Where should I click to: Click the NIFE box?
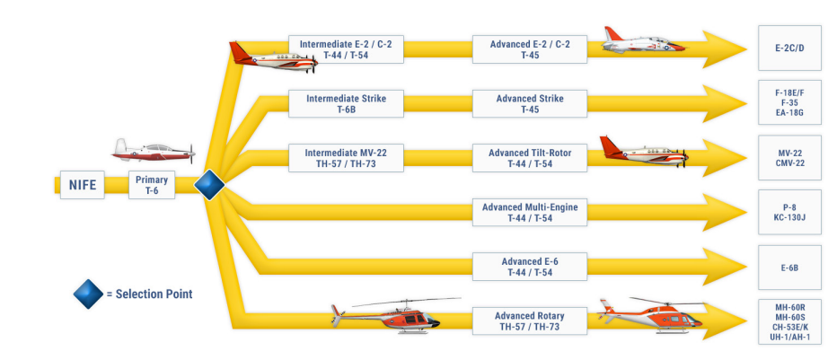(x=83, y=185)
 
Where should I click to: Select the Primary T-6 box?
(x=152, y=185)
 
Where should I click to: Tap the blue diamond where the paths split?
(x=209, y=185)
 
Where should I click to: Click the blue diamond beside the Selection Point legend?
(x=89, y=294)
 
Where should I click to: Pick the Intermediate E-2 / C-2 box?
(x=346, y=49)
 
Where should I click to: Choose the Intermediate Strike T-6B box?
(x=346, y=104)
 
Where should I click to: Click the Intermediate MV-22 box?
(x=346, y=158)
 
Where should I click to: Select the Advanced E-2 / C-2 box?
(x=530, y=49)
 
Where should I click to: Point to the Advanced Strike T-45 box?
(x=530, y=104)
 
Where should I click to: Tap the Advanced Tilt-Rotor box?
(x=530, y=158)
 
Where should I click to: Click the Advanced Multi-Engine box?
(x=530, y=212)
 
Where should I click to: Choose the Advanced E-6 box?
(x=530, y=267)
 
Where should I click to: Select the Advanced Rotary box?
(x=530, y=321)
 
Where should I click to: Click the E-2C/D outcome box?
(x=790, y=48)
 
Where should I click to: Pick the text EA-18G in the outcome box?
(x=790, y=112)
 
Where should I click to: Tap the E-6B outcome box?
(x=790, y=268)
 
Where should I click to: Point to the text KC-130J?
(x=790, y=217)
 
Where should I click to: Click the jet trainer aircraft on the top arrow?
(x=643, y=40)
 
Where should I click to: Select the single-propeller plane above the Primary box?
(x=154, y=151)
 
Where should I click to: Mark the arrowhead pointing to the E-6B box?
(x=725, y=267)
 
